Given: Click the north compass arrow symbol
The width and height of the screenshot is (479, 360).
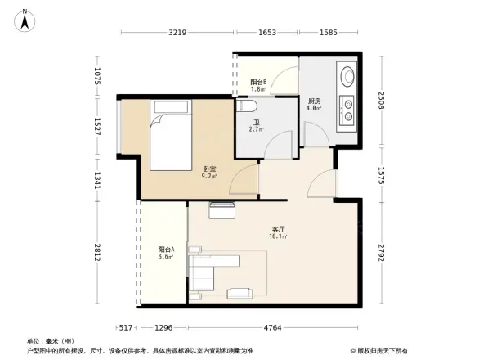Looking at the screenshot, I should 25,20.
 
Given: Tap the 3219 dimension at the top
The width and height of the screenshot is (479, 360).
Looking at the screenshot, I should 178,33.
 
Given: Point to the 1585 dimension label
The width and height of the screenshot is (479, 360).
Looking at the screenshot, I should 329,33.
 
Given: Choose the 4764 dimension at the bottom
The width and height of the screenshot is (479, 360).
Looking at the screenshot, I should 272,328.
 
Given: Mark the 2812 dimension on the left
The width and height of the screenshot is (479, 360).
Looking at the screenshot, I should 97,253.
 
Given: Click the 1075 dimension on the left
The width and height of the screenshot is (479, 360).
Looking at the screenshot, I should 97,78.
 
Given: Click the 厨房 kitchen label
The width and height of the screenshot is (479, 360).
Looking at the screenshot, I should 314,102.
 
